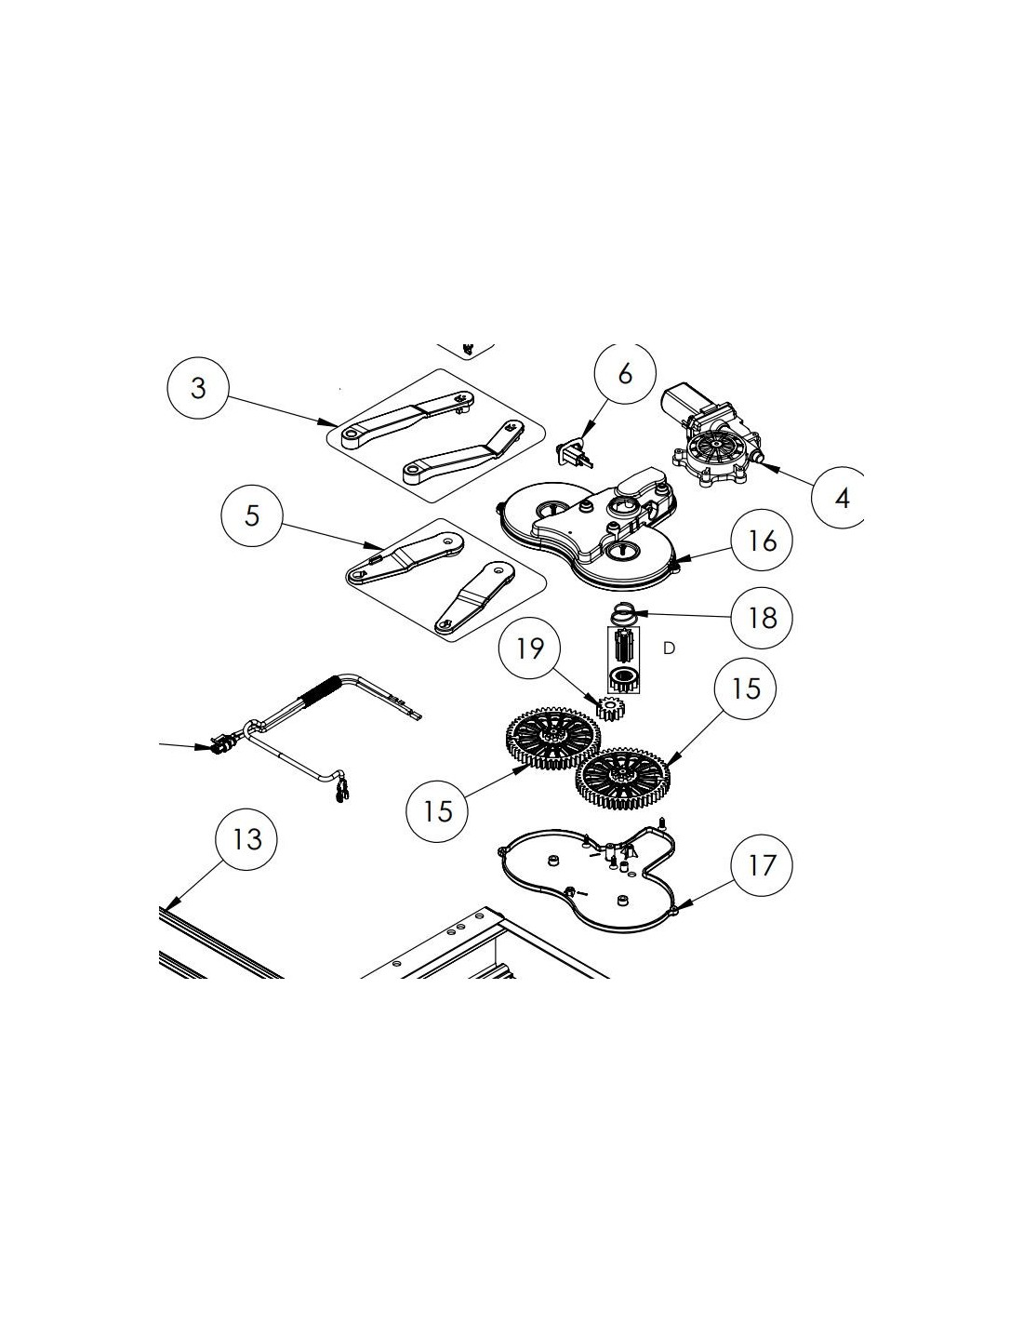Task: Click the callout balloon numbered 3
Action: (x=198, y=387)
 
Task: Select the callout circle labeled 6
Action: (x=626, y=374)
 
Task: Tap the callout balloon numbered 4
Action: (x=842, y=497)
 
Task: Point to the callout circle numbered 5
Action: (x=251, y=515)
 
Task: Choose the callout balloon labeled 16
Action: (x=762, y=540)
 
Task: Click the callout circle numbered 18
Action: (x=762, y=618)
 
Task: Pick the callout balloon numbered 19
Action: (x=529, y=648)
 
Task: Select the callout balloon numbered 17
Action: (x=762, y=865)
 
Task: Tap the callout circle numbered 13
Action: (x=246, y=839)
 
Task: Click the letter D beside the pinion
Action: (x=669, y=648)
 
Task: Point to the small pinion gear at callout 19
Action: (x=610, y=707)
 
